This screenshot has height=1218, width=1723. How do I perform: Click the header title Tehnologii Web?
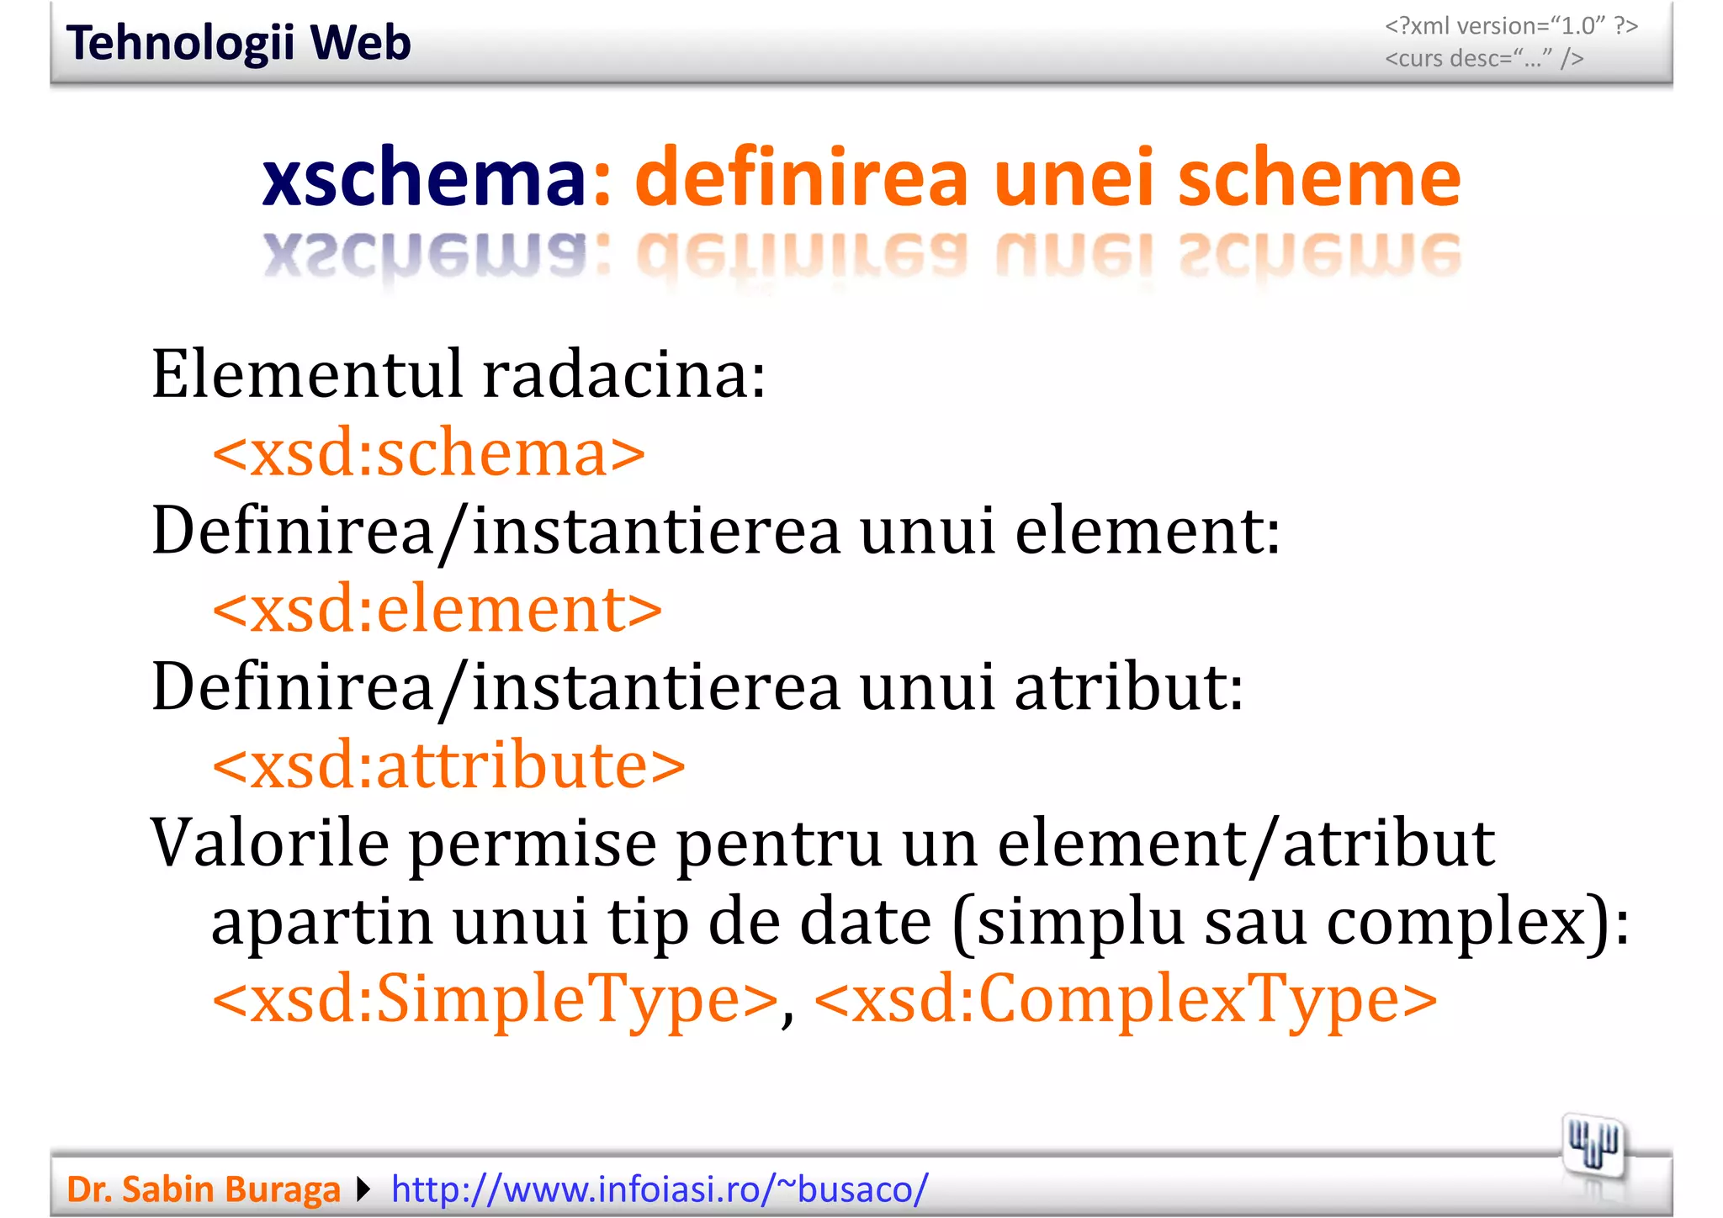238,44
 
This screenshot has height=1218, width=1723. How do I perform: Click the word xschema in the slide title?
424,177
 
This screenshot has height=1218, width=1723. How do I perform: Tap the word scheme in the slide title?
1318,177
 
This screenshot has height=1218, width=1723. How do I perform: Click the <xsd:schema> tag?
429,453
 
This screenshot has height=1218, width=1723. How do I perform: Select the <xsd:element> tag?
437,609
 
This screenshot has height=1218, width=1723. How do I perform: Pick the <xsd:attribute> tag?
449,765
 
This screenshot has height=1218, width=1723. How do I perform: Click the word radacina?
624,375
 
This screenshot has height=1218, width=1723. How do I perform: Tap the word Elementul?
307,375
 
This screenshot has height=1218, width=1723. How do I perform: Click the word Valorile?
269,843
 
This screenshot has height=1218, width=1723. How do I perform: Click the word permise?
533,845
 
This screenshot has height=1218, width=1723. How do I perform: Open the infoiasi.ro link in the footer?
660,1189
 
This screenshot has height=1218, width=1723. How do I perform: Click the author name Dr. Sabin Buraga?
204,1189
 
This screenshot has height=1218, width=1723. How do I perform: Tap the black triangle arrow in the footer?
363,1189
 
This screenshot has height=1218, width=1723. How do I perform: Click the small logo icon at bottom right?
1593,1147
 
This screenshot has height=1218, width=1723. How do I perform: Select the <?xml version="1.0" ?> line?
1511,26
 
